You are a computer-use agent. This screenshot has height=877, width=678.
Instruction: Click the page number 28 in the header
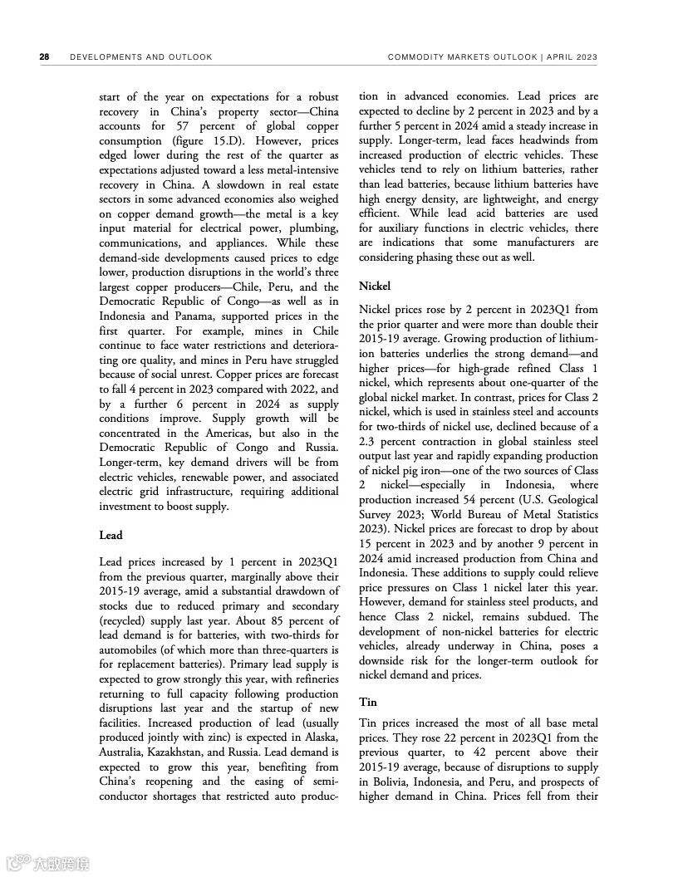point(44,57)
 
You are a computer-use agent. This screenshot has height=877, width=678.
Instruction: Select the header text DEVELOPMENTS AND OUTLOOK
point(141,57)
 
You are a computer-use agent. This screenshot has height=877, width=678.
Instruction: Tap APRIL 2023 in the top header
point(574,57)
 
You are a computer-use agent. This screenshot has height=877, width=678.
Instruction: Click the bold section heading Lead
point(111,536)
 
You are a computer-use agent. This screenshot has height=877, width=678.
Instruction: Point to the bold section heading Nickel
point(374,286)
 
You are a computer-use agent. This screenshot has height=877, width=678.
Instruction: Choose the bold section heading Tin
point(367,702)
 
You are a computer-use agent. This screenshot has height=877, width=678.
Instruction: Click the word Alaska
point(320,737)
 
